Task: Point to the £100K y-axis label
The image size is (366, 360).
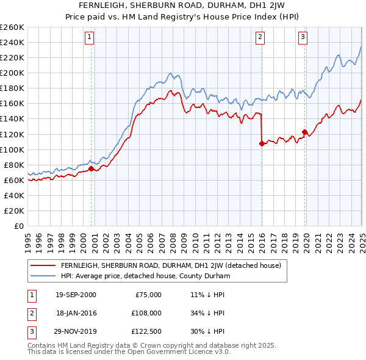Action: pyautogui.click(x=12, y=149)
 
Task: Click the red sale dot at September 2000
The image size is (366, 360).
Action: pyautogui.click(x=91, y=168)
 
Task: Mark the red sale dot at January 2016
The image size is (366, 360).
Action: pyautogui.click(x=262, y=143)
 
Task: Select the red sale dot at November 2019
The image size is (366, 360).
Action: pyautogui.click(x=304, y=132)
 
